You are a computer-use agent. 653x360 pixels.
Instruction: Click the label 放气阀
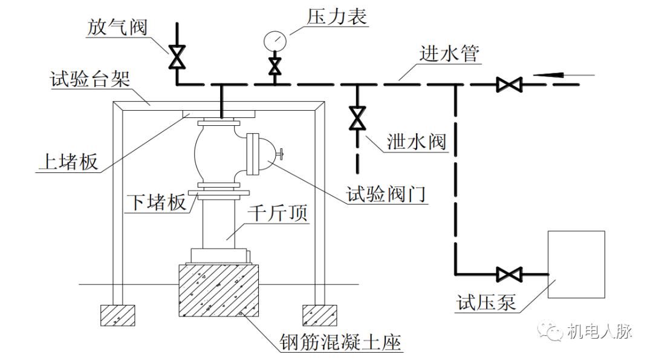pyautogui.click(x=117, y=27)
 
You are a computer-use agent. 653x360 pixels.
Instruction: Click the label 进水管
pyautogui.click(x=449, y=53)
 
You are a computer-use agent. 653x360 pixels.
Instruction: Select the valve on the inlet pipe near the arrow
pyautogui.click(x=508, y=85)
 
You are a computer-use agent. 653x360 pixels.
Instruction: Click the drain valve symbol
pyautogui.click(x=357, y=119)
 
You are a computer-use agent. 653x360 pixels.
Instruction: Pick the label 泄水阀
pyautogui.click(x=417, y=141)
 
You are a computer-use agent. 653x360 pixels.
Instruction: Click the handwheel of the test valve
pyautogui.click(x=281, y=155)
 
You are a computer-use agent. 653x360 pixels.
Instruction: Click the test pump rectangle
pyautogui.click(x=576, y=264)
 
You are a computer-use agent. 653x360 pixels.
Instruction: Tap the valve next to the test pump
pyautogui.click(x=508, y=274)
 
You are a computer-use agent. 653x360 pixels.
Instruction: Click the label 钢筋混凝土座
pyautogui.click(x=340, y=342)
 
